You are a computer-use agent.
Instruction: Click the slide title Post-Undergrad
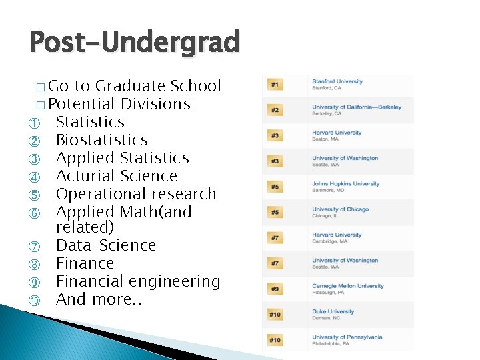133,42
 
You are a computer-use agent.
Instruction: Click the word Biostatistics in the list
101,140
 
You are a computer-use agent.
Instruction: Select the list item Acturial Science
116,176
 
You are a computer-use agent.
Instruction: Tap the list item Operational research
136,194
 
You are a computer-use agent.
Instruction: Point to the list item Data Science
105,245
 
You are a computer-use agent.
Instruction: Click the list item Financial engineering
137,281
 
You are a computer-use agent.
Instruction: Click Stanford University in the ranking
337,81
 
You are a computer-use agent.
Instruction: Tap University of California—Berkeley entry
357,107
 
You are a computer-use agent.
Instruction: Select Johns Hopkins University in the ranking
345,183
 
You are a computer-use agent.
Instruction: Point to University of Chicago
340,209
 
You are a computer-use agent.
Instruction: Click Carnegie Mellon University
347,286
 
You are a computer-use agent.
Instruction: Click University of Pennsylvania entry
347,337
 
